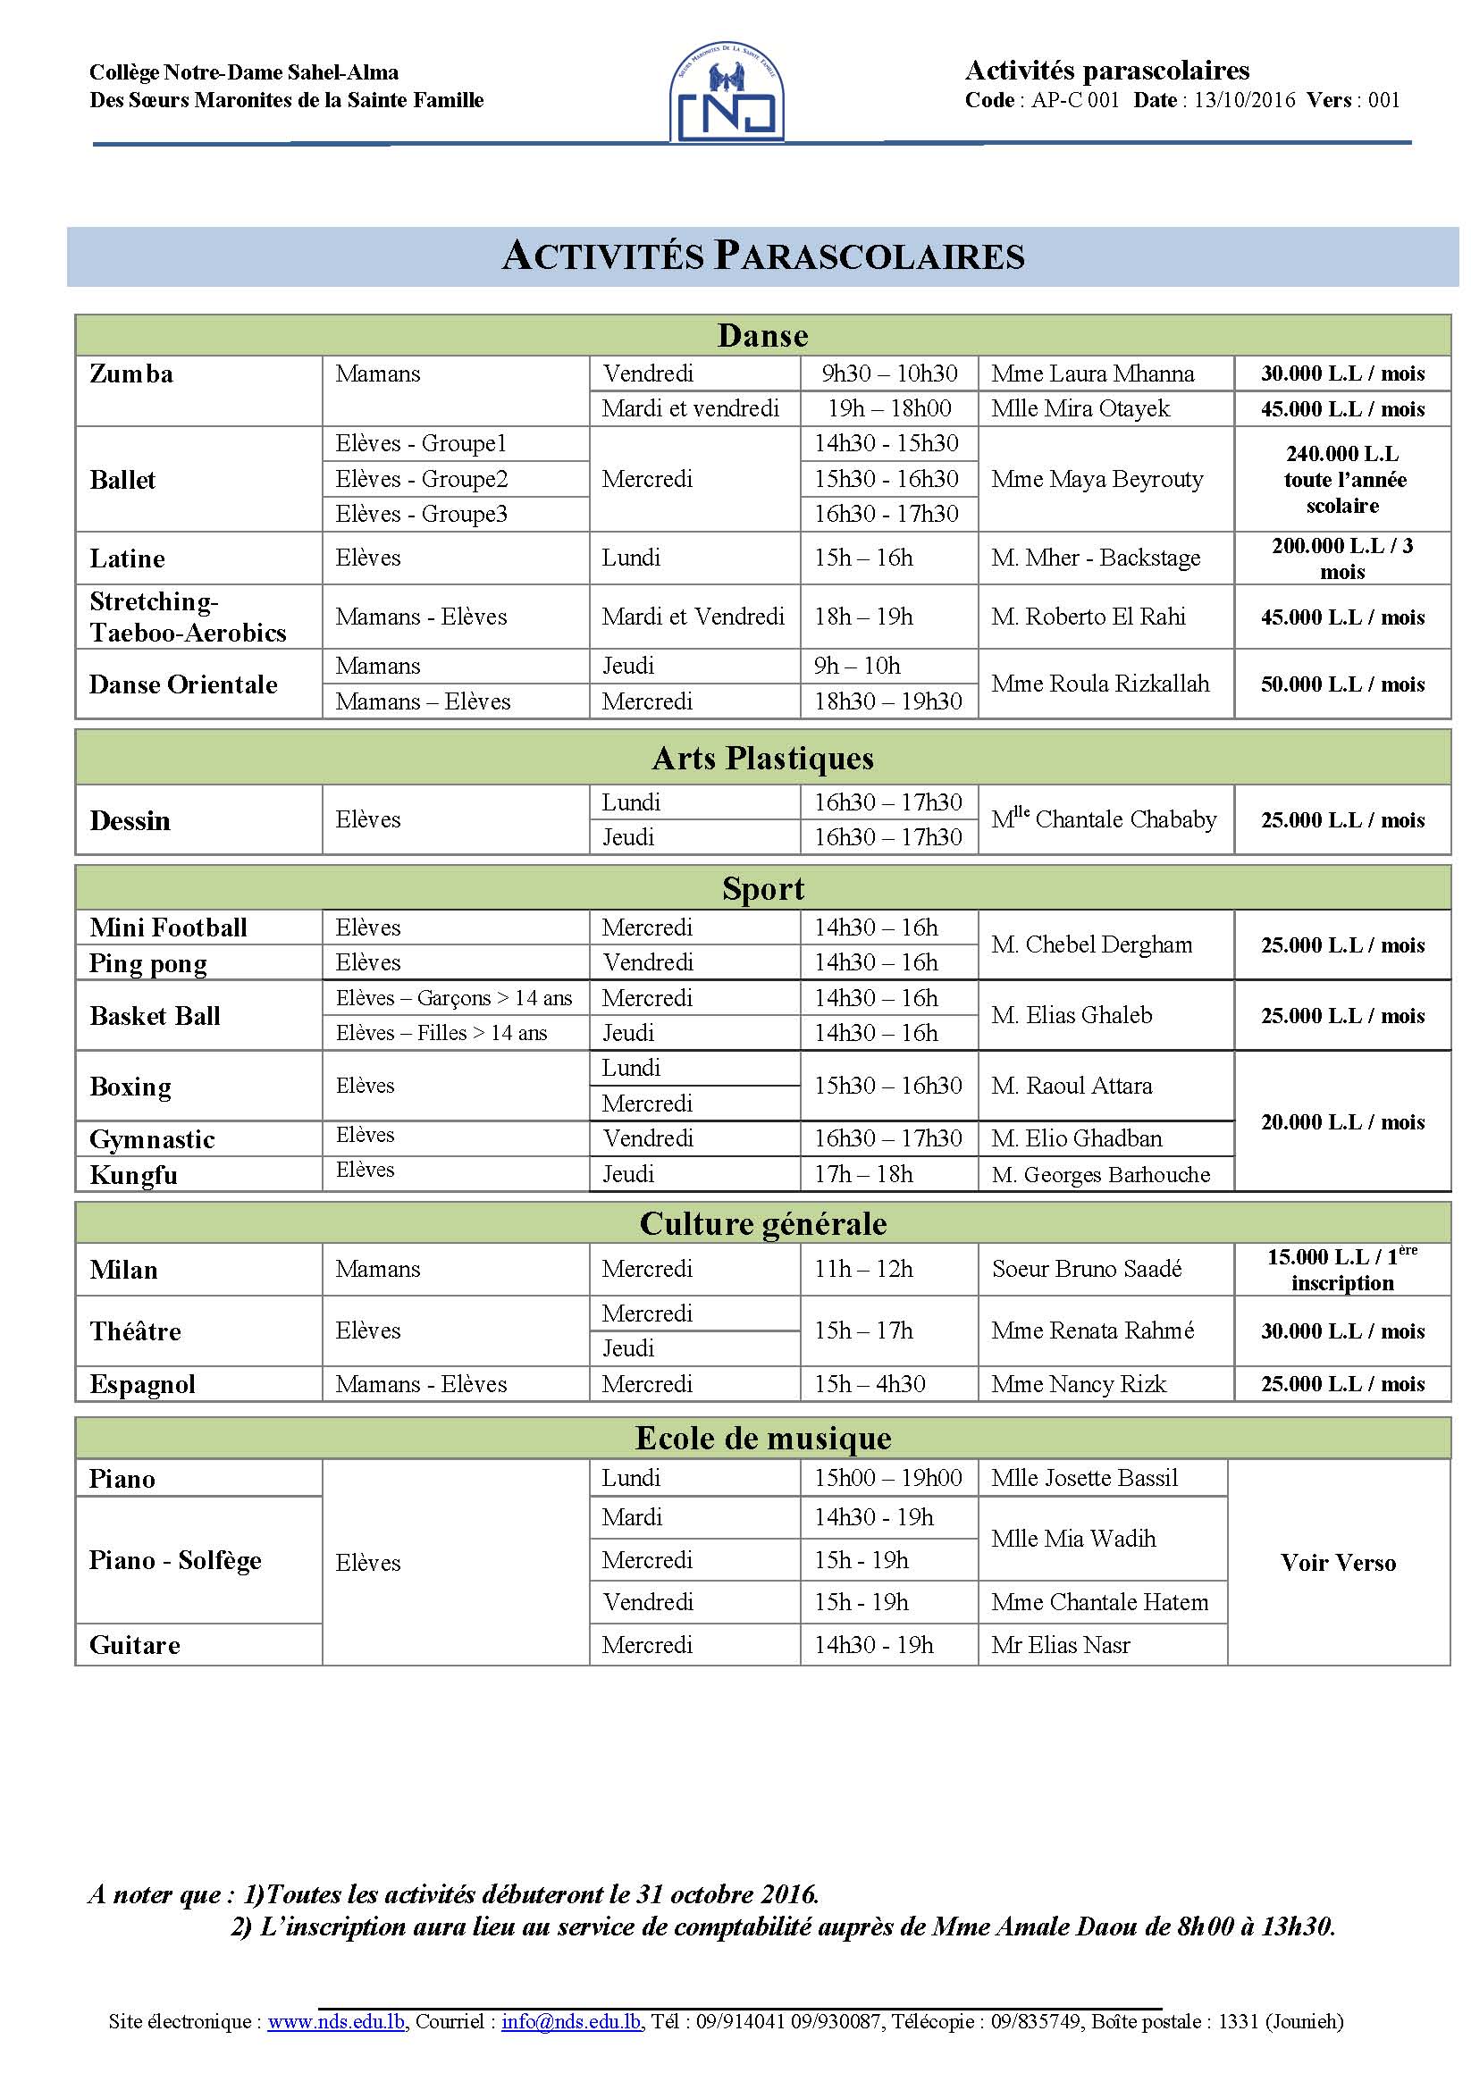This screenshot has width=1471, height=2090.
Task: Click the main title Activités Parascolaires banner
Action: pos(763,256)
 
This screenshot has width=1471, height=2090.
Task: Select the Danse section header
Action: pos(763,335)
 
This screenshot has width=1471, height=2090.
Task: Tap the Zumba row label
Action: pos(131,374)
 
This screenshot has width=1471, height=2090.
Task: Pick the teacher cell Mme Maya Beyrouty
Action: pos(1097,479)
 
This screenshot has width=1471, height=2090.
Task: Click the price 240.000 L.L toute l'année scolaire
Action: pos(1341,479)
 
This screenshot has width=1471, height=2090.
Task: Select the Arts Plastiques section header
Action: pos(763,758)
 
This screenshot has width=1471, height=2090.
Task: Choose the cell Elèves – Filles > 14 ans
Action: pos(441,1032)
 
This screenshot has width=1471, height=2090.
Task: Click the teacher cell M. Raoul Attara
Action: pos(1072,1085)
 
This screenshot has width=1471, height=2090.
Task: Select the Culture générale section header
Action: pos(763,1223)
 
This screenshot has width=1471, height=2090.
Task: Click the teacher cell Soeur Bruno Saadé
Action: pos(1086,1269)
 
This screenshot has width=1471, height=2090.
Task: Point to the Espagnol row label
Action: pos(143,1383)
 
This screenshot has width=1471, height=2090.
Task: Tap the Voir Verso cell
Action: pos(1338,1562)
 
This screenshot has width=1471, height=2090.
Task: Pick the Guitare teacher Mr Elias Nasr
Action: pos(1061,1645)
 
